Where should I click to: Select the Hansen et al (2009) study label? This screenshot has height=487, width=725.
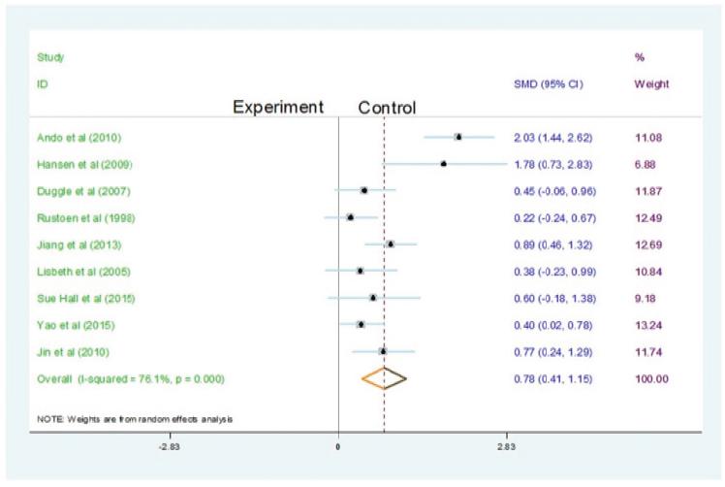point(71,163)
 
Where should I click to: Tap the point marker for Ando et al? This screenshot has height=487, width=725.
point(457,137)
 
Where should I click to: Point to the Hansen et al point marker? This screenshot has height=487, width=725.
point(443,163)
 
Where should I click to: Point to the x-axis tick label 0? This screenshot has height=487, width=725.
point(337,448)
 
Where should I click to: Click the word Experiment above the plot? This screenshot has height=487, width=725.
point(277,107)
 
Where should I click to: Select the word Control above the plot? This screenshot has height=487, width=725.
point(387,108)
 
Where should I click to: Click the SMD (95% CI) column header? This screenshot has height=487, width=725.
point(548,84)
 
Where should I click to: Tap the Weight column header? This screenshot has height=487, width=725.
point(650,84)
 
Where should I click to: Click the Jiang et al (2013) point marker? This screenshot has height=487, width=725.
point(390,243)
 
